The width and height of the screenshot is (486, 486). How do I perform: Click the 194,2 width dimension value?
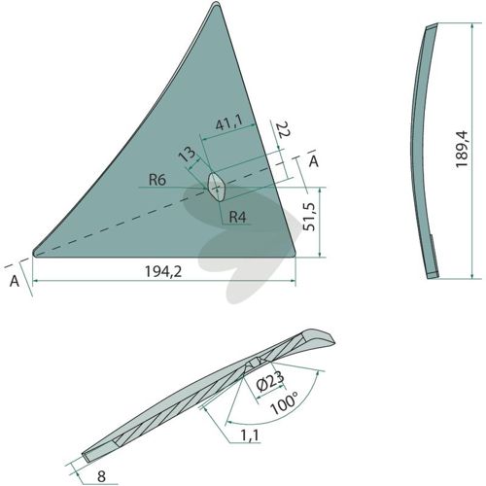[163, 271]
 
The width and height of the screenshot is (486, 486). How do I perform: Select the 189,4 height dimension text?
[462, 149]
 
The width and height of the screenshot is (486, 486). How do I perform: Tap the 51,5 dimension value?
[309, 217]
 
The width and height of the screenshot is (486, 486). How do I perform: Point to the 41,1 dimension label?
[229, 123]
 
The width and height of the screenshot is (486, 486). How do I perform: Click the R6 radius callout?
[157, 180]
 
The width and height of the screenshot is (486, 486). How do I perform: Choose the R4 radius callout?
[237, 217]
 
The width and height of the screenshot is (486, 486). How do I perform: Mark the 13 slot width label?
[188, 154]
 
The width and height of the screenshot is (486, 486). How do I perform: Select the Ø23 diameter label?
[270, 381]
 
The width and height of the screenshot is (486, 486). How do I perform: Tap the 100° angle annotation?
[284, 402]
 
